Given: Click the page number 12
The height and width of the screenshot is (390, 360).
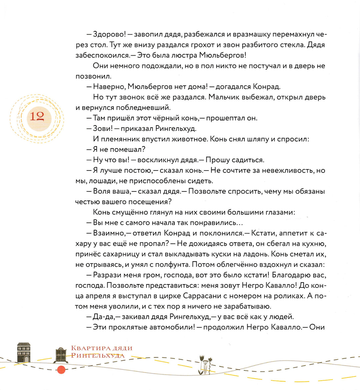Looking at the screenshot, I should (x=37, y=116).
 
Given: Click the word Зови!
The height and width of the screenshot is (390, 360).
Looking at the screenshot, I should (x=102, y=129).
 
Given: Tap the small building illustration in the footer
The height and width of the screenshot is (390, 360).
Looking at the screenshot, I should (x=23, y=352).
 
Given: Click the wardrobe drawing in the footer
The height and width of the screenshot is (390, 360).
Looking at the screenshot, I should (x=61, y=355).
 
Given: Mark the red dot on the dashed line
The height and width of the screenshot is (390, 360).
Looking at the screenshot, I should (x=61, y=369).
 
